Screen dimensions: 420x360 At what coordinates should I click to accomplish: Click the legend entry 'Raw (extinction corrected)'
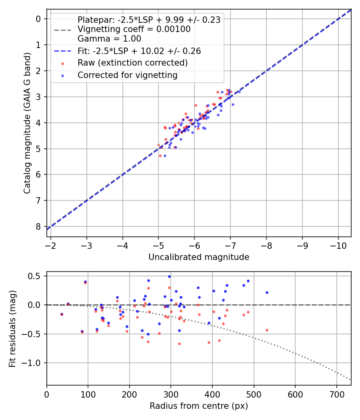[132, 63]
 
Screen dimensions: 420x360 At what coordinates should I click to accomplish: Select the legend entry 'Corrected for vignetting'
[127, 75]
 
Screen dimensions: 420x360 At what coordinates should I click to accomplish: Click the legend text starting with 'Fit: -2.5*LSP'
[139, 51]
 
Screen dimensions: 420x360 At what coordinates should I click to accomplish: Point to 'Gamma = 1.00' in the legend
[109, 39]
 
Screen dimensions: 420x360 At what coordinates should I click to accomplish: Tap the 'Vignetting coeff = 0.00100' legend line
[134, 29]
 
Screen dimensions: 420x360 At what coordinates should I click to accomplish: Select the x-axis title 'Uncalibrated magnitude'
[199, 257]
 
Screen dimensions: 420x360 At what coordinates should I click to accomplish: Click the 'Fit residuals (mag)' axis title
[12, 328]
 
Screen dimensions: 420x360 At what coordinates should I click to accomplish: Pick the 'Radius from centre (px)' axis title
[199, 406]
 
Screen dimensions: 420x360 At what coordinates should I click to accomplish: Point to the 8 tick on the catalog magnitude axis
[38, 226]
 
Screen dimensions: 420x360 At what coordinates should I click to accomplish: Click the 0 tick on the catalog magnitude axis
[38, 19]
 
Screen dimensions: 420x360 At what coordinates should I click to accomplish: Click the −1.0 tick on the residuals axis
[33, 363]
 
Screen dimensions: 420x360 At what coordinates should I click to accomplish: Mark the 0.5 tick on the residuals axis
[35, 276]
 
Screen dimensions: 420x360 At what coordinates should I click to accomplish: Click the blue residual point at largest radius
[267, 292]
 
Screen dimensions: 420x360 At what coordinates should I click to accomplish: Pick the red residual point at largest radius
[267, 330]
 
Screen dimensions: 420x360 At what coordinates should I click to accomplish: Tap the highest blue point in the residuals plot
[169, 276]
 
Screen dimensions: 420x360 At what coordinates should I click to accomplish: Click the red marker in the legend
[62, 63]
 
